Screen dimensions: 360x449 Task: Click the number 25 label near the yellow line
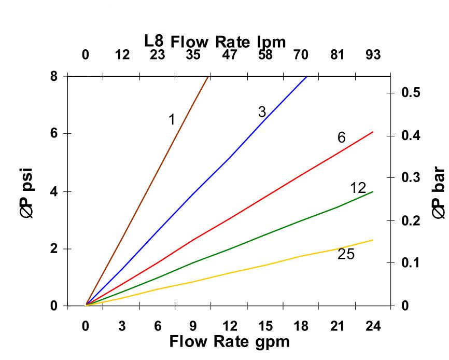tap(346, 254)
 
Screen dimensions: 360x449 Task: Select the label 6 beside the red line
tap(341, 137)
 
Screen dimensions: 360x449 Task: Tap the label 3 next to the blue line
tap(262, 112)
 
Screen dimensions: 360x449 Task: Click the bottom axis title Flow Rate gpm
tap(229, 342)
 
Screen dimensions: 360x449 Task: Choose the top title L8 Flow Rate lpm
tap(215, 41)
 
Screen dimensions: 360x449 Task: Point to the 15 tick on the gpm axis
tap(265, 326)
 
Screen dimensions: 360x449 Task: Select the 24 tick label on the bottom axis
tap(373, 326)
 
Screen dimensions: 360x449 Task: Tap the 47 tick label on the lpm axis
tap(229, 54)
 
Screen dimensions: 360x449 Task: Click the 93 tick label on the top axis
tap(373, 54)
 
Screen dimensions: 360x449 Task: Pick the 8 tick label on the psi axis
tap(53, 76)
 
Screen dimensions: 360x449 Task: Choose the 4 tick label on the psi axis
tap(53, 191)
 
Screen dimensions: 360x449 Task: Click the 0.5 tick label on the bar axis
tap(410, 93)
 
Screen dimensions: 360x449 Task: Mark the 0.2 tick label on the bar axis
tap(410, 220)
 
